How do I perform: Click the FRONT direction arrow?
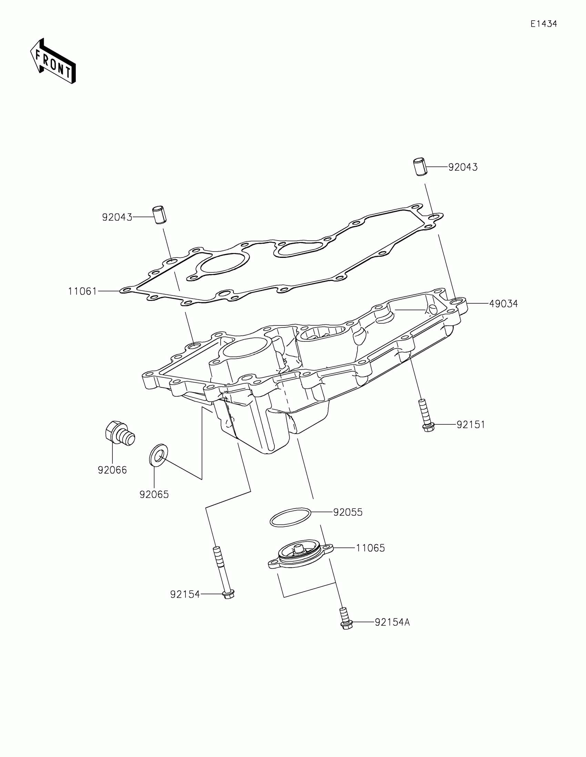[x=53, y=61]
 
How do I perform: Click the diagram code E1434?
[x=543, y=24]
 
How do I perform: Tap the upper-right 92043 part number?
[x=463, y=168]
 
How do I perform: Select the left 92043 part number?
[x=117, y=217]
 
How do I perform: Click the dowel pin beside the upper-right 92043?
[x=420, y=167]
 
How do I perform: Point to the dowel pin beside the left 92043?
[x=160, y=215]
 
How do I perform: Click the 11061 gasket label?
[x=82, y=292]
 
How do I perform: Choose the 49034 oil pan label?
[x=503, y=304]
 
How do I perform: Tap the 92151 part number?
[x=471, y=425]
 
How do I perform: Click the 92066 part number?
[x=112, y=470]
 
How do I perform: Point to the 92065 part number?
[x=154, y=495]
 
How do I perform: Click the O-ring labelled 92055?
[x=290, y=517]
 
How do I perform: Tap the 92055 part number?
[x=347, y=512]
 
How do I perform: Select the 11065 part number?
[x=370, y=548]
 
